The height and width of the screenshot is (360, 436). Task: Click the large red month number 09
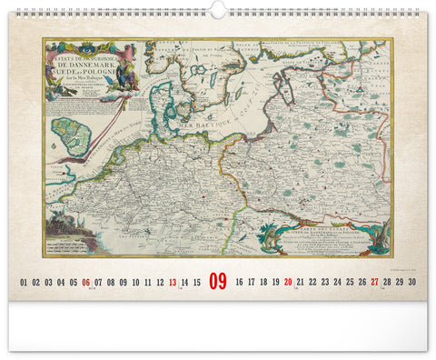218,282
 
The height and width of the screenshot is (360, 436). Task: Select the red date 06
85,283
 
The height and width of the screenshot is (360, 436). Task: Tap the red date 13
173,283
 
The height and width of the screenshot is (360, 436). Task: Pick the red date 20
288,283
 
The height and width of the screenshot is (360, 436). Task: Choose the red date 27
374,283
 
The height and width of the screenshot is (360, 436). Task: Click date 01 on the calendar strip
24,283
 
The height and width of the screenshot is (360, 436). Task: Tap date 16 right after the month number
239,283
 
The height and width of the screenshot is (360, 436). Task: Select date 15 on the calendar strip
197,283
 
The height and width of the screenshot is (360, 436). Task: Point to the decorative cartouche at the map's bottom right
322,238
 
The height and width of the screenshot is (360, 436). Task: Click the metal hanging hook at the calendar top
218,7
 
